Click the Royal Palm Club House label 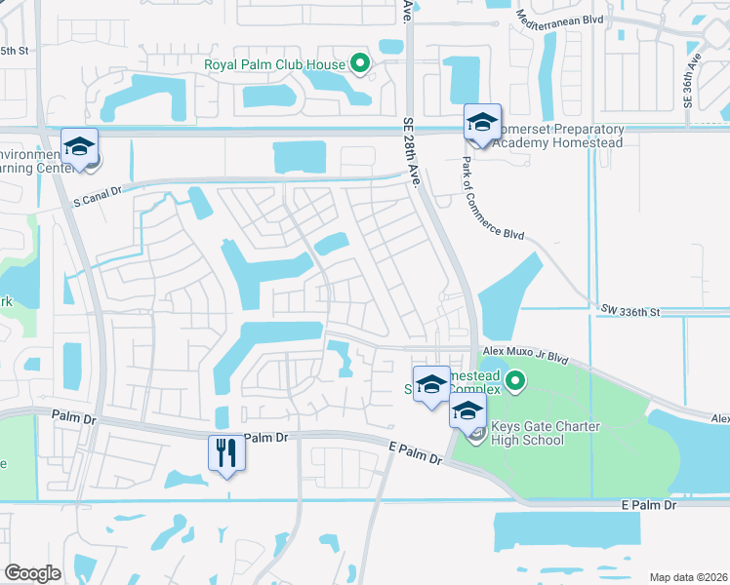click(x=274, y=65)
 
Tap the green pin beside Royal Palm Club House click(x=359, y=65)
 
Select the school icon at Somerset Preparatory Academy click(x=482, y=122)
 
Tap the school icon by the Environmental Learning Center click(x=80, y=147)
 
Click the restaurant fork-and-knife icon click(x=226, y=453)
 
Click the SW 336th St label click(x=631, y=312)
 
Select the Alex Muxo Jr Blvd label click(x=524, y=358)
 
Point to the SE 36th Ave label click(x=694, y=73)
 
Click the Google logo click(x=32, y=572)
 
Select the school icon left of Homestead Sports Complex click(x=430, y=384)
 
